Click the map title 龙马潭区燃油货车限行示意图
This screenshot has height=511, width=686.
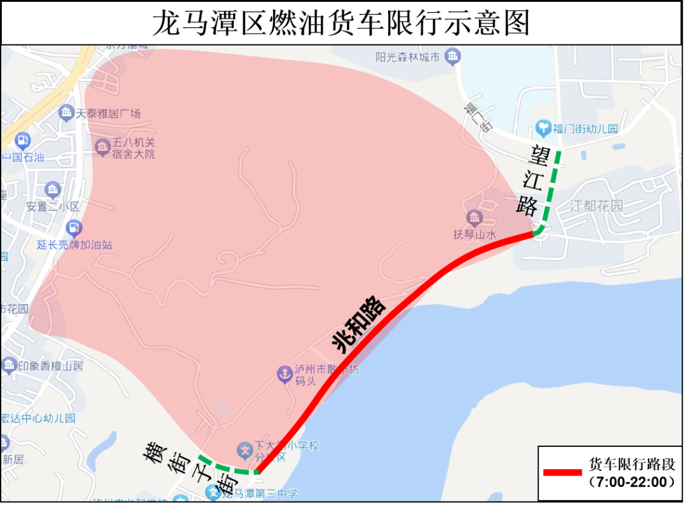point(342,24)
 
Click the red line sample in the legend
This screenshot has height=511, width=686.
point(562,472)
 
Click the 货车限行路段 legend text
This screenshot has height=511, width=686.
point(632,465)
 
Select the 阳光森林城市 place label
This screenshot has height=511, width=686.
point(407,58)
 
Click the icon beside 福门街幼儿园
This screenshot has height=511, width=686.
point(543,129)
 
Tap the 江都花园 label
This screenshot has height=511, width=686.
point(596,206)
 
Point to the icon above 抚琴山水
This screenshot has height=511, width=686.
point(474,219)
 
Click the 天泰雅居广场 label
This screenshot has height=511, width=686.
point(109,114)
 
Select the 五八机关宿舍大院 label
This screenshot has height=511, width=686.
point(133,149)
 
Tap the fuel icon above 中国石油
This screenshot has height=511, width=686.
point(22,141)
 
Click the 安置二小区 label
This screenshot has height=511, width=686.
point(53,206)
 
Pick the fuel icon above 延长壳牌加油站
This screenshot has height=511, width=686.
point(74,228)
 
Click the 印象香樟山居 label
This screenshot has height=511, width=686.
point(51,366)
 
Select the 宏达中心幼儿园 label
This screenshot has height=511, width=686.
point(38,418)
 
